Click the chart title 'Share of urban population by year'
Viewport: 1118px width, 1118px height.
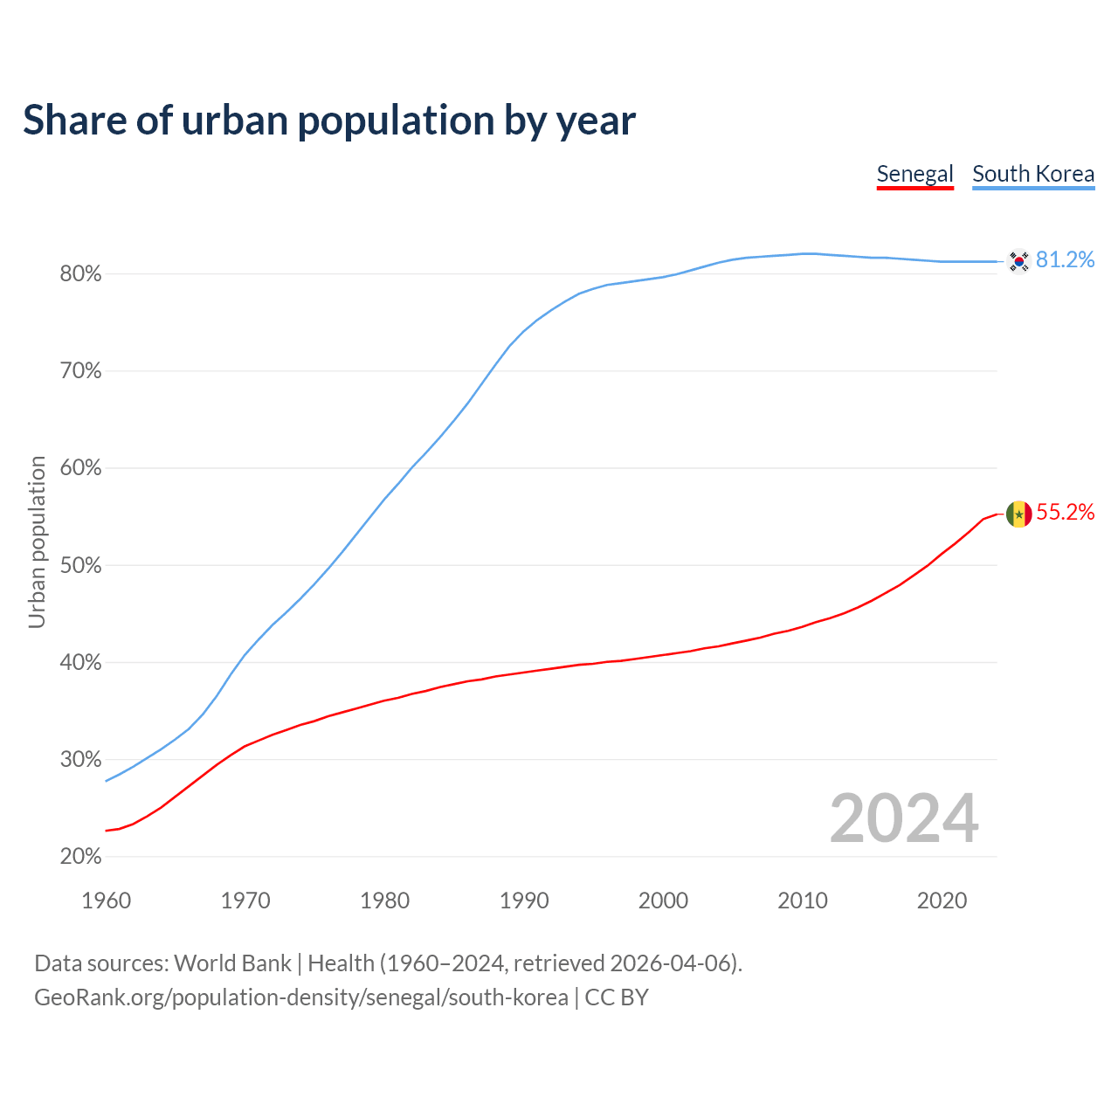[x=329, y=121]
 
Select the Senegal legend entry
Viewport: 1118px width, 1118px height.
[x=914, y=174]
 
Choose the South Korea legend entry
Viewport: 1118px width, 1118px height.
[x=1033, y=174]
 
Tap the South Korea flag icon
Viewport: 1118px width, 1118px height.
[x=1018, y=260]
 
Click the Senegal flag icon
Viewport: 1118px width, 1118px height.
[x=1018, y=514]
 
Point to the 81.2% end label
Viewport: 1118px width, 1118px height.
[x=1065, y=260]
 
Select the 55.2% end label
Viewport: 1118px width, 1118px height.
[x=1065, y=513]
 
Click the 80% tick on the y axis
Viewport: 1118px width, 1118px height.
[x=80, y=274]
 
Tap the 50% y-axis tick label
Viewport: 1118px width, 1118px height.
[x=80, y=566]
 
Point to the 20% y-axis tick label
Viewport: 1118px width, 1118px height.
[x=80, y=857]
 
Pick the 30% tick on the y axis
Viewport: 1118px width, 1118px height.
[x=80, y=760]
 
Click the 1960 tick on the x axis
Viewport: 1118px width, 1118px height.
[x=106, y=901]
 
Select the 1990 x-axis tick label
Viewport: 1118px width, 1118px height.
[x=524, y=901]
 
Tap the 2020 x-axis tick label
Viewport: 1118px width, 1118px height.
[x=942, y=901]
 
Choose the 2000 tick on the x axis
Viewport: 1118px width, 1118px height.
[x=663, y=901]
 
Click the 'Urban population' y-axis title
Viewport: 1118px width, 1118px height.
[x=37, y=542]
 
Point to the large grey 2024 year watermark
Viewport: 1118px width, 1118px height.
[x=904, y=819]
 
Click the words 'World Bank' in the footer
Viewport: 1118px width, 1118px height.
[x=232, y=963]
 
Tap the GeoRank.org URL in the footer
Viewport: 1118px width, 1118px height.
[x=300, y=997]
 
